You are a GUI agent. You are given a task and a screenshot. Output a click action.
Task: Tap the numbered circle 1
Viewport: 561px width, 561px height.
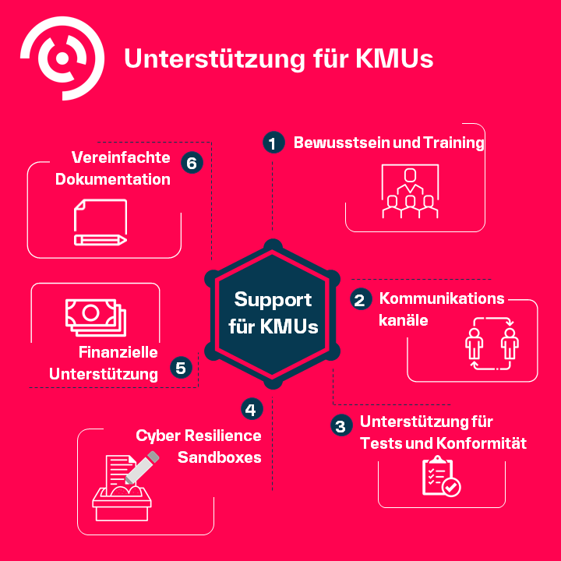[x=272, y=143]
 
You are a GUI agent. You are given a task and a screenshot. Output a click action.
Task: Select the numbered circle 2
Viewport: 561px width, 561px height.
[x=360, y=300]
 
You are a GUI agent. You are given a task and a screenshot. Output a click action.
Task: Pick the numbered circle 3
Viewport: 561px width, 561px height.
[x=340, y=425]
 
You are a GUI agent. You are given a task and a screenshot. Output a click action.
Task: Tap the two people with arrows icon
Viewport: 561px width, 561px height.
[x=492, y=342]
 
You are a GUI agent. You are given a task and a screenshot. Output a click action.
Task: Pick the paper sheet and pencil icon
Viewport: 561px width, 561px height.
[x=100, y=223]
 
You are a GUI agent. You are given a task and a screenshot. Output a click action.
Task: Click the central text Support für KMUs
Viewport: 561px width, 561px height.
[x=273, y=312]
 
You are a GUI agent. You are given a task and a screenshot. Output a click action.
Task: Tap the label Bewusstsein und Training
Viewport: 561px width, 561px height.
[x=389, y=143]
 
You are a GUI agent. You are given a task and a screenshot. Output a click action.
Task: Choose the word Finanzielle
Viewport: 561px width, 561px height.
[x=118, y=352]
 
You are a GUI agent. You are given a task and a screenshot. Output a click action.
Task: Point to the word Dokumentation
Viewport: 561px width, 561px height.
[x=113, y=178]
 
